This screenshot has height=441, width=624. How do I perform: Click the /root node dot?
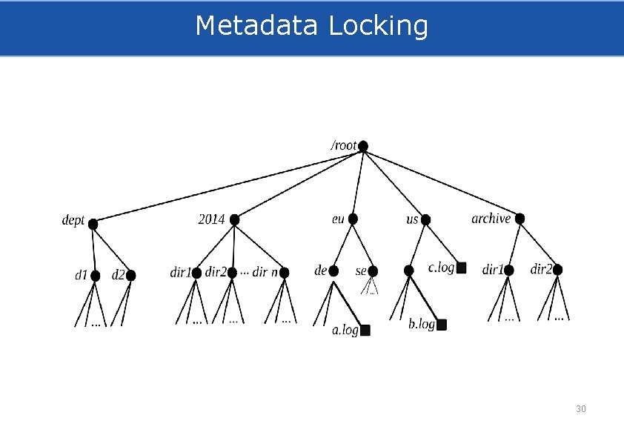point(363,147)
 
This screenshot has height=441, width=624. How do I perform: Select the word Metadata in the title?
point(256,26)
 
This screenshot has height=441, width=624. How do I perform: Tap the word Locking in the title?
point(378,26)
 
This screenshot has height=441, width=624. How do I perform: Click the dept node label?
point(73,221)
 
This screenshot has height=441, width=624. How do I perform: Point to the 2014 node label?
point(211,219)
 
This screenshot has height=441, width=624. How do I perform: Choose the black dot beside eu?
point(353,219)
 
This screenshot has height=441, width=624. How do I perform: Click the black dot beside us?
point(425,219)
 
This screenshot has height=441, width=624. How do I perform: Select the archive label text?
point(491,219)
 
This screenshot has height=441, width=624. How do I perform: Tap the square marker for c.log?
point(461,268)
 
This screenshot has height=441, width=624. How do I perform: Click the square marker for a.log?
point(365,331)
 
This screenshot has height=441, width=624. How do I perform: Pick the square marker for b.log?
point(442,325)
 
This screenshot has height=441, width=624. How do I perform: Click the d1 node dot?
point(95,276)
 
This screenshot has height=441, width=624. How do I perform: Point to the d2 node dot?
point(131,275)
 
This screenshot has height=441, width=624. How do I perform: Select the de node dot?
point(333,271)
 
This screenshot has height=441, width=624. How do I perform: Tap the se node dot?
point(373,271)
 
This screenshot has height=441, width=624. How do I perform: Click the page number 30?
point(580,409)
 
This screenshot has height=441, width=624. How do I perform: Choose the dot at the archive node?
point(520,219)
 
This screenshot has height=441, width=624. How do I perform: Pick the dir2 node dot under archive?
point(558,270)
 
